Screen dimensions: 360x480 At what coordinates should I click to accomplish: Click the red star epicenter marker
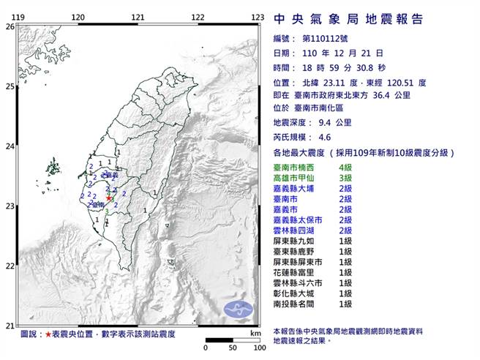pos(109,198)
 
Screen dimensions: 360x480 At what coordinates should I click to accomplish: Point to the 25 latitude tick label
pos(10,86)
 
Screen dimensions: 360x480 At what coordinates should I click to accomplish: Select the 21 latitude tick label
pos(10,326)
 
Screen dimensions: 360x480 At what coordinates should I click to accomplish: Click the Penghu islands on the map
pos(52,169)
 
